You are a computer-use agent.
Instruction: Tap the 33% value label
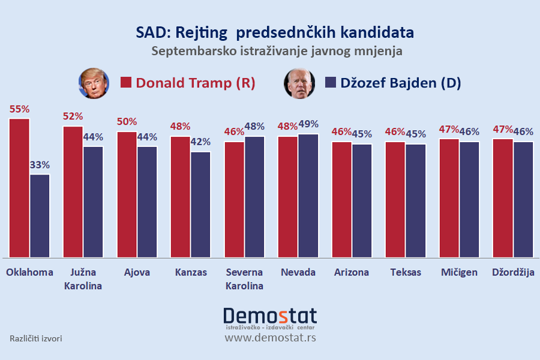tap(40, 164)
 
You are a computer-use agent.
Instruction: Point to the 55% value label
tap(19, 109)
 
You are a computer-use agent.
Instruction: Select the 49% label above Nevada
tap(308, 124)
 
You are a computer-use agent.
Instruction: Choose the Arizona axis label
tap(352, 272)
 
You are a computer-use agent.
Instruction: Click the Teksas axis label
tap(405, 272)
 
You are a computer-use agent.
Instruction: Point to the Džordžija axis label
tap(513, 272)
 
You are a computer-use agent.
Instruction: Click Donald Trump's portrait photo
tap(94, 83)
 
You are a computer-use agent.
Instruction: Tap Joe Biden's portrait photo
tap(299, 83)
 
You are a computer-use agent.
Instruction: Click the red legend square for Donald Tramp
tap(126, 83)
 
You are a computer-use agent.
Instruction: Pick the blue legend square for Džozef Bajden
tap(330, 83)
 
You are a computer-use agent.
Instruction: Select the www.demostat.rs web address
tap(270, 338)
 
